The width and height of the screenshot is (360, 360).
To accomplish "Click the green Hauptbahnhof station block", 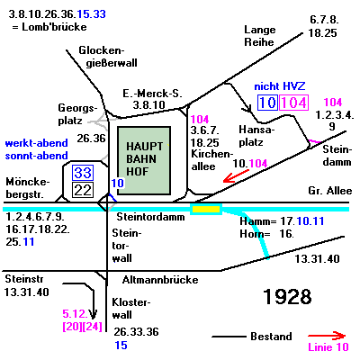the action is [x=144, y=160].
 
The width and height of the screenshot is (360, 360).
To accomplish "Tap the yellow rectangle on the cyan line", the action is [x=206, y=209].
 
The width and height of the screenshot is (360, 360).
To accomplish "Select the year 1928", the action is [x=287, y=297].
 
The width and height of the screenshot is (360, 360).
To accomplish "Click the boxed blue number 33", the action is [x=83, y=173].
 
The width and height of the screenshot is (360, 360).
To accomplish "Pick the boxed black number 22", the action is [x=83, y=190].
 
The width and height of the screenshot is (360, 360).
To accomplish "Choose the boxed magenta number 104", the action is [x=293, y=103].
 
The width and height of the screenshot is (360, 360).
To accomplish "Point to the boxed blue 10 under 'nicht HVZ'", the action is [x=267, y=103].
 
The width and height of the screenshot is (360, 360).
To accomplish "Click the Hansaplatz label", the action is [x=256, y=136].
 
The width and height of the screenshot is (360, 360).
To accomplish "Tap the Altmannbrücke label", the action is [x=160, y=280].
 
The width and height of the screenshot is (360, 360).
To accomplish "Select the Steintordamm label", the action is [x=150, y=217].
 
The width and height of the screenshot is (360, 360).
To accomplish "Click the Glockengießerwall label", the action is [x=108, y=57].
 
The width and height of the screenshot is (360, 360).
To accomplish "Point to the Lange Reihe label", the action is [x=260, y=36].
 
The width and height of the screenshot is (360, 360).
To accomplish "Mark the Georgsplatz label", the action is [x=77, y=114].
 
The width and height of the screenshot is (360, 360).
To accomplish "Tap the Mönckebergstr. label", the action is [x=28, y=188].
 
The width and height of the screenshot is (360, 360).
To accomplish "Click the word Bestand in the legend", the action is [x=271, y=337].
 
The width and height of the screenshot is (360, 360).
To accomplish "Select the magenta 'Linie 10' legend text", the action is [x=328, y=347].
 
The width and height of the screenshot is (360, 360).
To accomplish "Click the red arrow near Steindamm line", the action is [x=236, y=176].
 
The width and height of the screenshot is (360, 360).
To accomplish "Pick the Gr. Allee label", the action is [x=330, y=191].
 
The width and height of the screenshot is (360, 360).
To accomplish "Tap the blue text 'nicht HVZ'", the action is [x=280, y=86].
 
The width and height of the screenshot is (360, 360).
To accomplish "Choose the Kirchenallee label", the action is [x=212, y=160].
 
